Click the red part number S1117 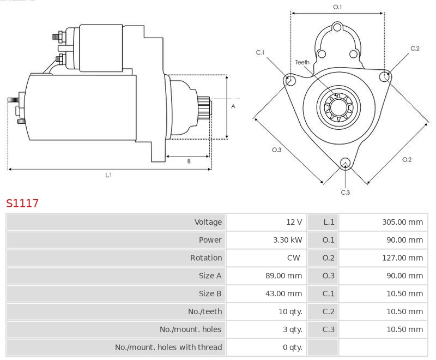(x=22, y=203)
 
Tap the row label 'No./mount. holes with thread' (x=168, y=347)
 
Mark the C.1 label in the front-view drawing (x=261, y=52)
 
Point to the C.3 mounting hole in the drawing (x=345, y=163)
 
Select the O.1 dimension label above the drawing (x=337, y=7)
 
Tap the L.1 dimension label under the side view (x=108, y=175)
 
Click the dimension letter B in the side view (x=189, y=161)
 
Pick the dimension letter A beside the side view (x=233, y=106)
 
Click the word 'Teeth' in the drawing (x=302, y=62)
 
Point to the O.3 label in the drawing (x=276, y=150)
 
